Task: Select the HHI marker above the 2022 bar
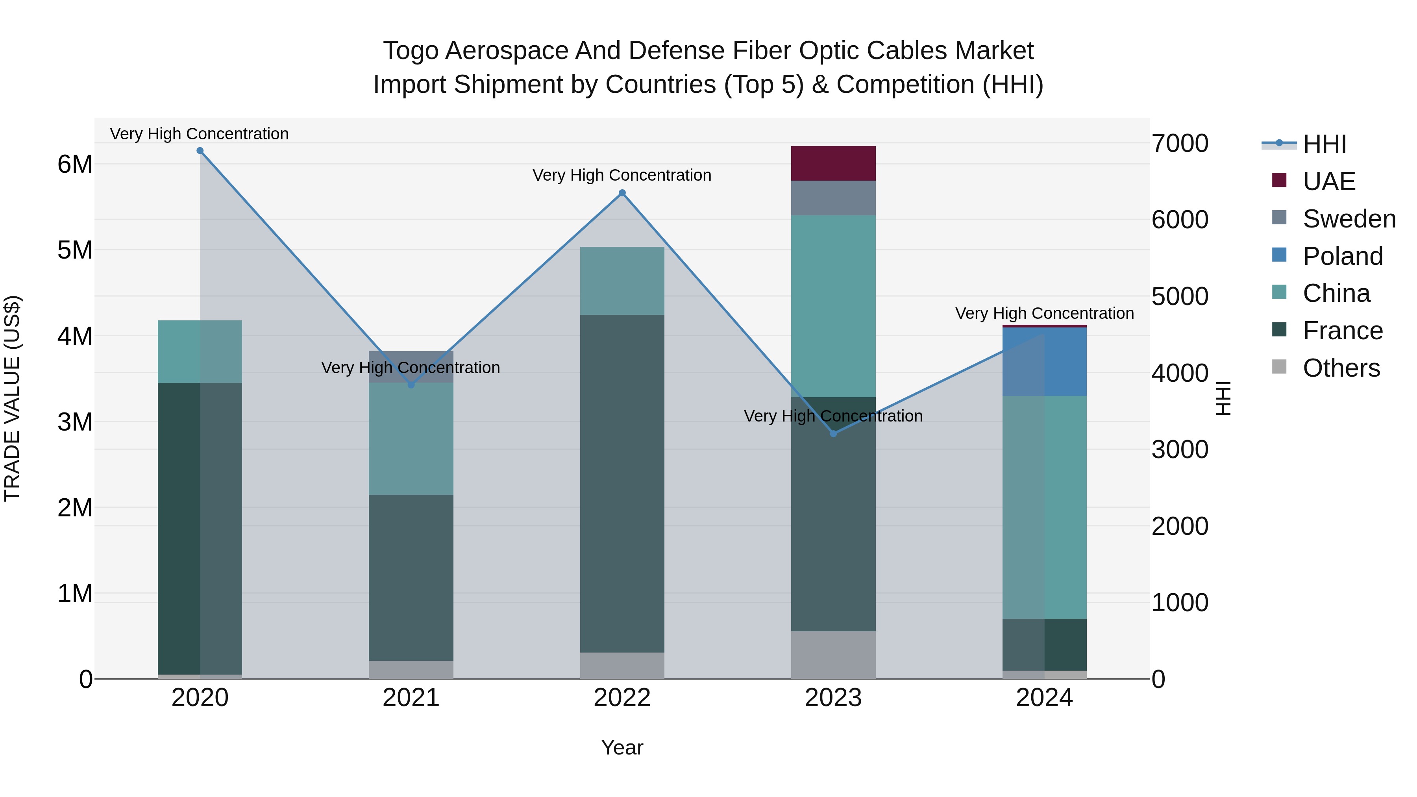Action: [622, 193]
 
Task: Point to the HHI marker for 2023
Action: [833, 434]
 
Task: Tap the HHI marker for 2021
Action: [411, 385]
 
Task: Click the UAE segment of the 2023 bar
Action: [833, 163]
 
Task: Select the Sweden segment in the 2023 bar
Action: [833, 198]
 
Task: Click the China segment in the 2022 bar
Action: [622, 281]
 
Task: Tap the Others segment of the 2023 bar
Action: [833, 655]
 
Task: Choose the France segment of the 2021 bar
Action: [411, 577]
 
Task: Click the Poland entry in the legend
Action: [1342, 256]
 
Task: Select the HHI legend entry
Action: [1324, 144]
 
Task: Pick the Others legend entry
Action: [1341, 368]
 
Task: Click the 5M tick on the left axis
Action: [75, 250]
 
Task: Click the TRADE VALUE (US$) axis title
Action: [12, 398]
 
